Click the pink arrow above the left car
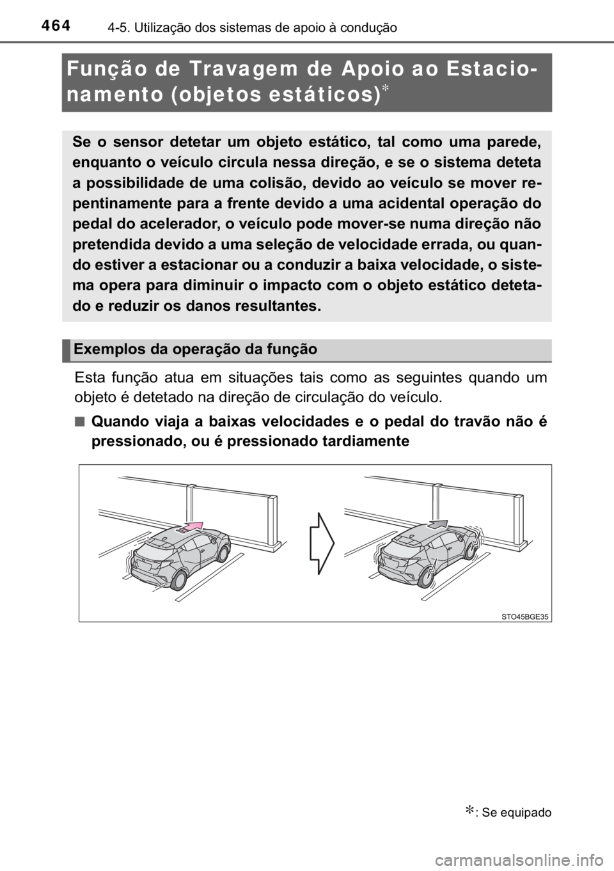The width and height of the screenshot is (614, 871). coord(192,526)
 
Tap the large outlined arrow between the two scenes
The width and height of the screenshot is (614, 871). coord(322,543)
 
